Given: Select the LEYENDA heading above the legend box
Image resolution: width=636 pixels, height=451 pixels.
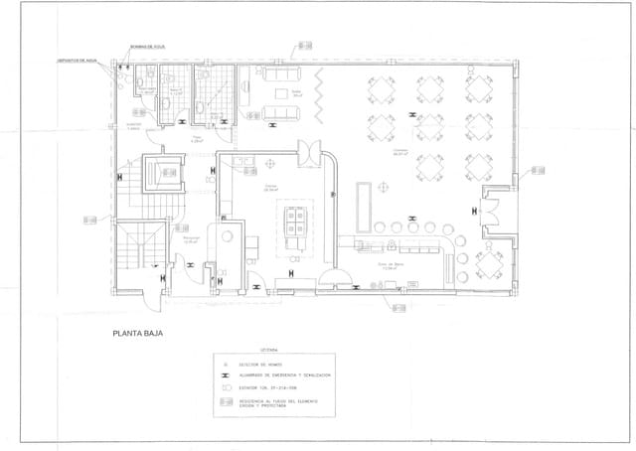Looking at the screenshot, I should (269, 350).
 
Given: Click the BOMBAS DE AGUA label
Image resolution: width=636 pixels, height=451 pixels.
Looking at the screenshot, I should (145, 47).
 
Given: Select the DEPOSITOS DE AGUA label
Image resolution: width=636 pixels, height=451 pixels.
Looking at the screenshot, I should (76, 60).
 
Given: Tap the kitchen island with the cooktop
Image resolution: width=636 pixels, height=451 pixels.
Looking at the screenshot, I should (296, 225).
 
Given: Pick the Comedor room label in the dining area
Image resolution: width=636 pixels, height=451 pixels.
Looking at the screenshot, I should (401, 150).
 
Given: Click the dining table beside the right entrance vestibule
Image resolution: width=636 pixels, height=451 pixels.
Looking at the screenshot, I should (492, 260).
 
